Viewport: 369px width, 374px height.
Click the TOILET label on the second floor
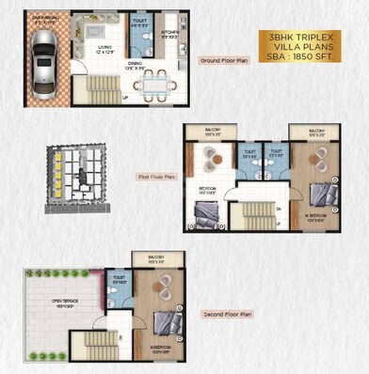click(x=120, y=278)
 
